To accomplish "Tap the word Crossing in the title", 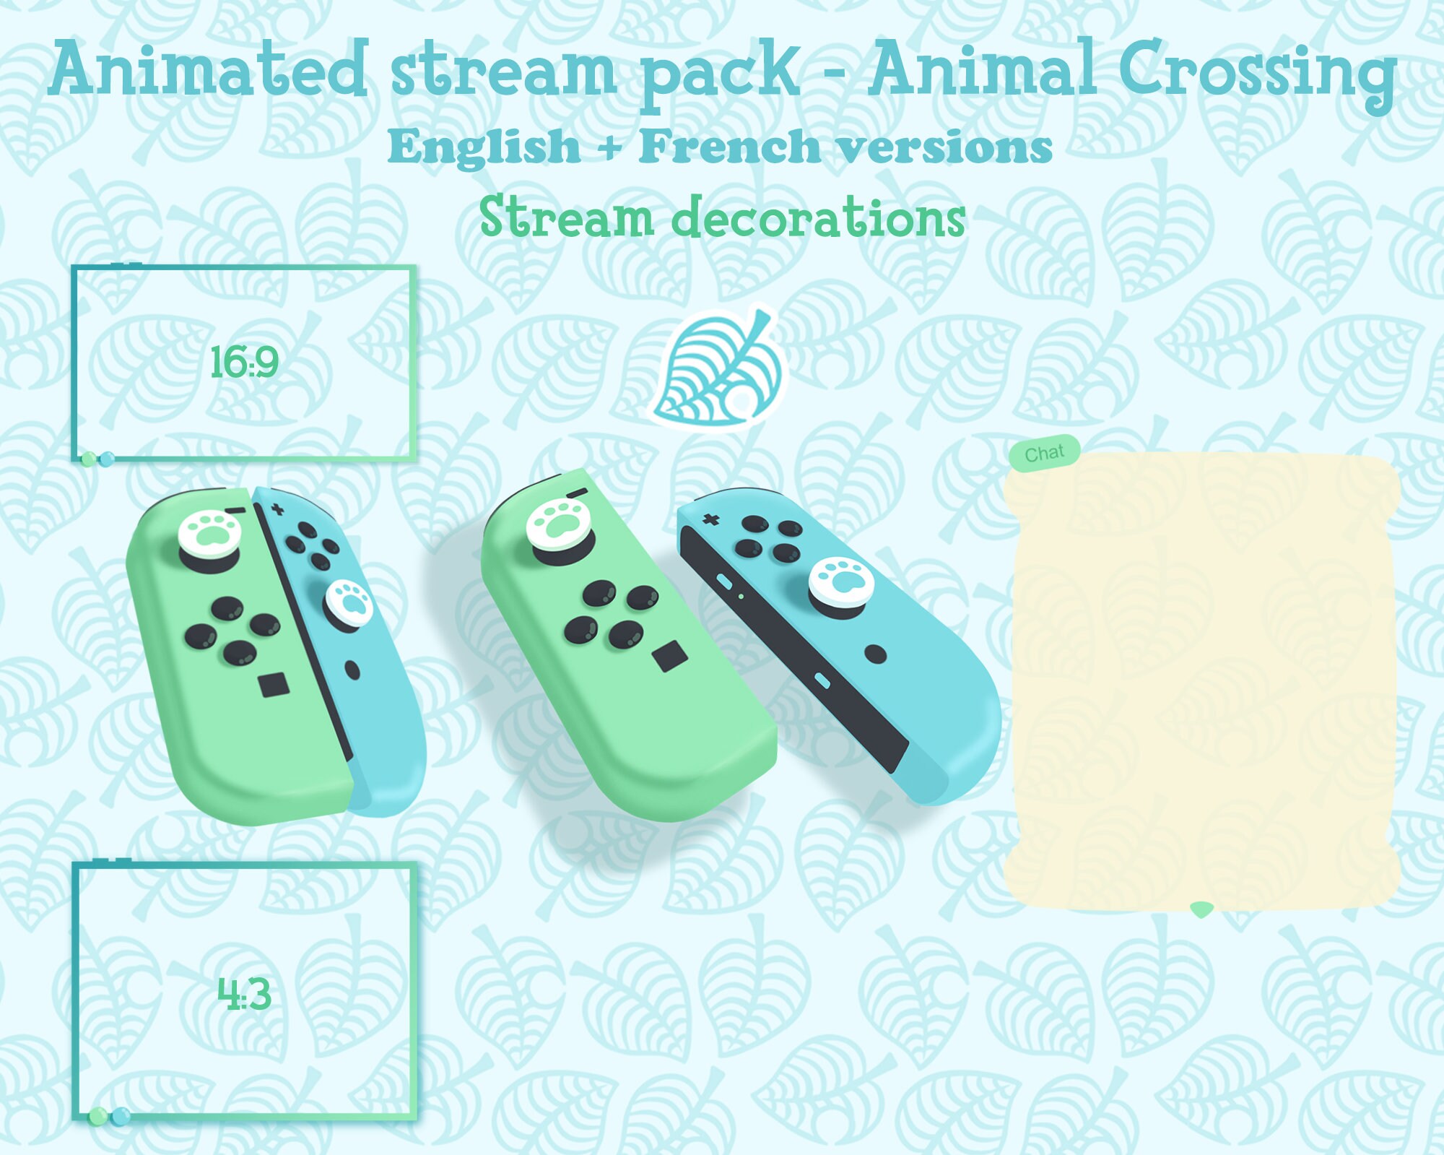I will (x=1256, y=72).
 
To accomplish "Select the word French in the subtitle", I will (x=729, y=147).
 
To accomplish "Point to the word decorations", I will (x=818, y=217).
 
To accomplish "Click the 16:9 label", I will (x=244, y=362).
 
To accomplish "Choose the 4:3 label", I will (x=244, y=994).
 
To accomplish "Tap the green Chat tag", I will (x=1045, y=454).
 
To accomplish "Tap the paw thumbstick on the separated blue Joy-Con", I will (x=841, y=582).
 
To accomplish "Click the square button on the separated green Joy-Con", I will (x=669, y=656).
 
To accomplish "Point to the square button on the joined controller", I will (x=274, y=684).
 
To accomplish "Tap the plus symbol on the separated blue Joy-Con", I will (x=711, y=519).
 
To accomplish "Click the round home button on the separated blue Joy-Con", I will (x=875, y=654).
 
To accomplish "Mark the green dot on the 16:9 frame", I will (x=89, y=459).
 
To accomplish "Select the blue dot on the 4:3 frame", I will (x=121, y=1116).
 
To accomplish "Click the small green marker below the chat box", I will (x=1201, y=909).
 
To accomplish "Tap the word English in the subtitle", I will (x=484, y=147).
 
